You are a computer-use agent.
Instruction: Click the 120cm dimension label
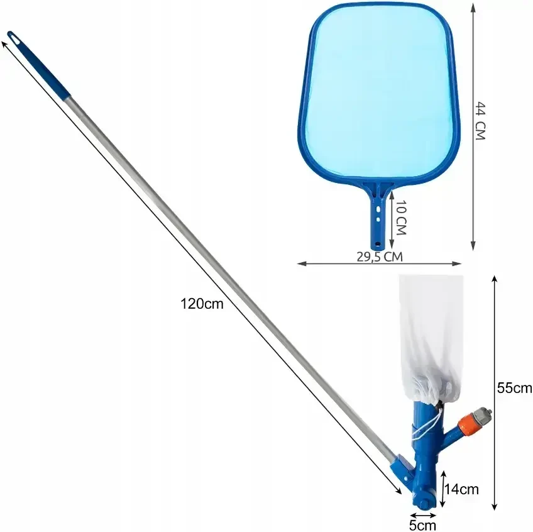tap(202, 304)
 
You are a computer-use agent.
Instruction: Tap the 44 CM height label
tap(480, 121)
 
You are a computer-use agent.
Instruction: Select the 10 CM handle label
tap(401, 218)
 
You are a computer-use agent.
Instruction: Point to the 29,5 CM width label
tap(380, 257)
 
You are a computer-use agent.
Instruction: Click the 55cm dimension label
tap(514, 387)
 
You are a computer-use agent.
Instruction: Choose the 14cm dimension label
tap(461, 489)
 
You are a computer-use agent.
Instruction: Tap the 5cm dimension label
tap(422, 526)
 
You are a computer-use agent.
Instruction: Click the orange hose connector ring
tap(465, 421)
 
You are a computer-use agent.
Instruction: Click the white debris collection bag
tap(430, 340)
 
